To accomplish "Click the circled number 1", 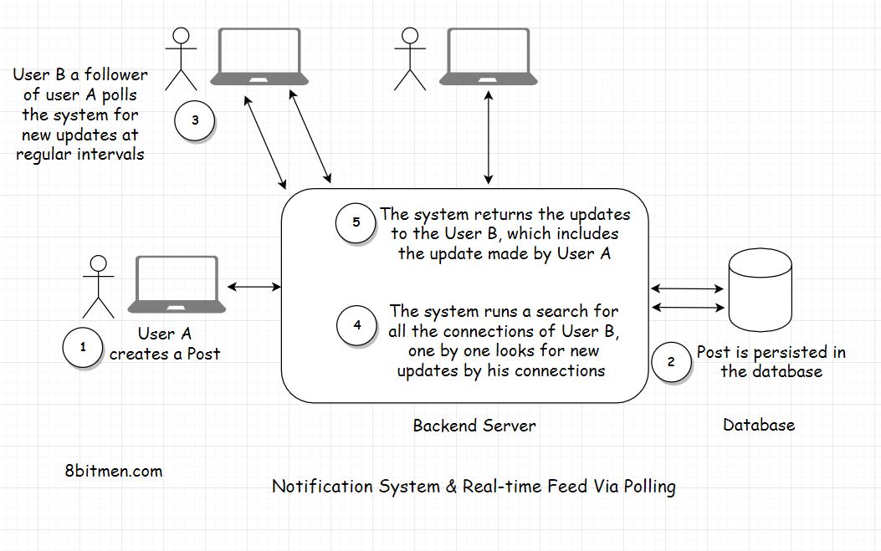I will tap(83, 346).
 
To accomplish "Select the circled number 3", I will tap(194, 120).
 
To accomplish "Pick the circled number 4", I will tap(357, 324).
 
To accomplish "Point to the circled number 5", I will tap(356, 223).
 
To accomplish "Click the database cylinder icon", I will tap(760, 289).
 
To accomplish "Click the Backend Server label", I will tap(474, 426).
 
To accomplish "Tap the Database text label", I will tap(758, 425).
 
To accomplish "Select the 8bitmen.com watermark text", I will tap(113, 471).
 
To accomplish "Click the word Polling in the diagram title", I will tap(643, 487).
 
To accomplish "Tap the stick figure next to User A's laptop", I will tap(99, 285).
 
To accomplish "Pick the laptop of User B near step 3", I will tap(259, 57).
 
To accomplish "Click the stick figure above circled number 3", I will tap(180, 58).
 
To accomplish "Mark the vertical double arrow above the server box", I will tap(488, 138).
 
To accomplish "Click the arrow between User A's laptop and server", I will tap(254, 287).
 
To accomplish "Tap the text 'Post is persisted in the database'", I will tap(771, 361).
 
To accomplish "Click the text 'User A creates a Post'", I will tap(165, 344).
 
